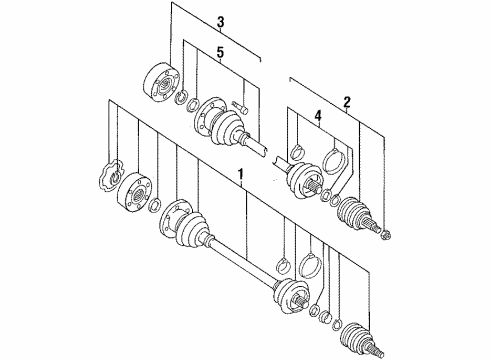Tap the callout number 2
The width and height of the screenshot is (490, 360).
point(347,102)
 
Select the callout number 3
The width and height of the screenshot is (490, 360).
point(220,23)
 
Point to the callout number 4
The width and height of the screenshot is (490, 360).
point(318,116)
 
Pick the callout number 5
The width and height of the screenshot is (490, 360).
point(220,53)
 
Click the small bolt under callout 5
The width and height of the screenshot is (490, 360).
point(240,107)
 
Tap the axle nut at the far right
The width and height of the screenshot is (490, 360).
point(386,235)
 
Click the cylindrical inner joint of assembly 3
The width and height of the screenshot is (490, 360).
point(161,81)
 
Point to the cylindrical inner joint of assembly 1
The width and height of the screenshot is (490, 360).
point(135,192)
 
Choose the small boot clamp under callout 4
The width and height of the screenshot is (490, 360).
point(298,152)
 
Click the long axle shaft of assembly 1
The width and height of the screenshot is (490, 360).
point(243,264)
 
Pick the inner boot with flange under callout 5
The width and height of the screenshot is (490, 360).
point(220,122)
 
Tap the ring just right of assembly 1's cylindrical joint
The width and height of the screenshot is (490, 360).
point(155,205)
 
